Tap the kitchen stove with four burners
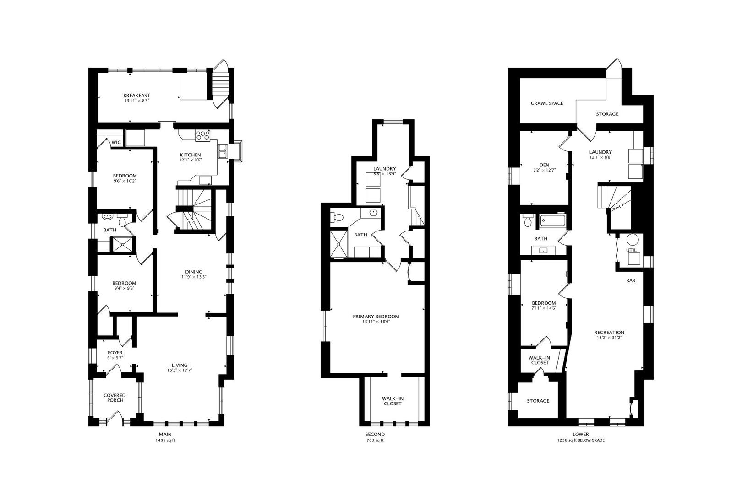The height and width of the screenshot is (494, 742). (x=202, y=135)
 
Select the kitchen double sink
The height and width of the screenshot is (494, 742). (x=223, y=151)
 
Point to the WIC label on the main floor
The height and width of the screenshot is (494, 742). (x=116, y=142)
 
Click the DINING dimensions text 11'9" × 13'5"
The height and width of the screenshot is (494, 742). (x=194, y=277)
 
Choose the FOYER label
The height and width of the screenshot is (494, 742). (x=115, y=353)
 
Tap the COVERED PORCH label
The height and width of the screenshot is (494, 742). (x=115, y=397)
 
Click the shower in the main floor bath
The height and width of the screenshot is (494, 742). (x=122, y=245)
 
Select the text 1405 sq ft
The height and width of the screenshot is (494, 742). (x=165, y=440)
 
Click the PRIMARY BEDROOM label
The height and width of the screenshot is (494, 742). (x=376, y=317)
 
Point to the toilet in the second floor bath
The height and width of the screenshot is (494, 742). (x=338, y=218)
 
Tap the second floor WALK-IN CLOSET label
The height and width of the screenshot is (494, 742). (x=393, y=401)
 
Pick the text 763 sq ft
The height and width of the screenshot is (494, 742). (x=375, y=440)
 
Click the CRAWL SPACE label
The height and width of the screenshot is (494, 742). (x=547, y=103)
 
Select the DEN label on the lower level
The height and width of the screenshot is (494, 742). (x=544, y=165)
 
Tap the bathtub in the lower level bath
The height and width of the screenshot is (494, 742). (x=552, y=220)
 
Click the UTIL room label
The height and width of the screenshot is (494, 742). (x=631, y=250)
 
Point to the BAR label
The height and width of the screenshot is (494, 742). (x=631, y=280)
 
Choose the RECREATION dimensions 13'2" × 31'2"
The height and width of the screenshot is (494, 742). (x=609, y=338)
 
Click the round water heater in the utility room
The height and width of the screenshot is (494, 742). (x=633, y=239)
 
